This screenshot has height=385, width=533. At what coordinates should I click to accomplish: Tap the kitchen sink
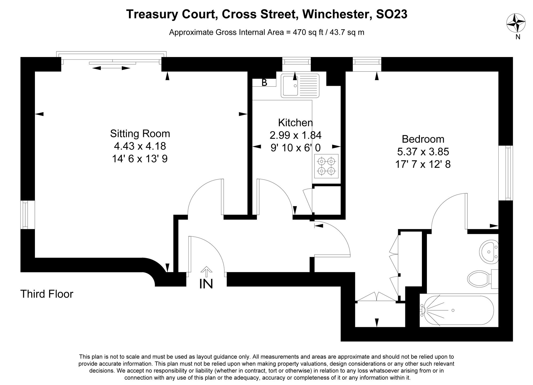point(300,86)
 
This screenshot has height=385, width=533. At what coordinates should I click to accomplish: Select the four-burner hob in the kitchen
point(326,166)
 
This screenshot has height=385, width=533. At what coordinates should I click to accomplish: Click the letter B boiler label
point(264,83)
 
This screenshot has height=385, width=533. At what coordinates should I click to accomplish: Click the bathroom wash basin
point(489,251)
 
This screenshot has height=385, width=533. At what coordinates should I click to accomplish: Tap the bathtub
point(458,310)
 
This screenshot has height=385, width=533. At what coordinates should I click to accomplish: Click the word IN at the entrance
point(206,284)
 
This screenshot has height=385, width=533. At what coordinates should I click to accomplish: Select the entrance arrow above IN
point(206,271)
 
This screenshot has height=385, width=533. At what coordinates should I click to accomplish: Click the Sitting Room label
point(140,133)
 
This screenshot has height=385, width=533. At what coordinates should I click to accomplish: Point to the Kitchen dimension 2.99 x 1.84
point(295,135)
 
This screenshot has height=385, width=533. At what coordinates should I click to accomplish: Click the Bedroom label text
point(423,139)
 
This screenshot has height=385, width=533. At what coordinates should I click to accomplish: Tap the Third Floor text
point(47,294)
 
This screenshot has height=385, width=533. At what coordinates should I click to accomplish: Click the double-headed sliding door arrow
point(111,68)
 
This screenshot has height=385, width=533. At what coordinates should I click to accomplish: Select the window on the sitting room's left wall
point(25,215)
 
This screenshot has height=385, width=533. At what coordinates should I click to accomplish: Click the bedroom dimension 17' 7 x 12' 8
point(423,164)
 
